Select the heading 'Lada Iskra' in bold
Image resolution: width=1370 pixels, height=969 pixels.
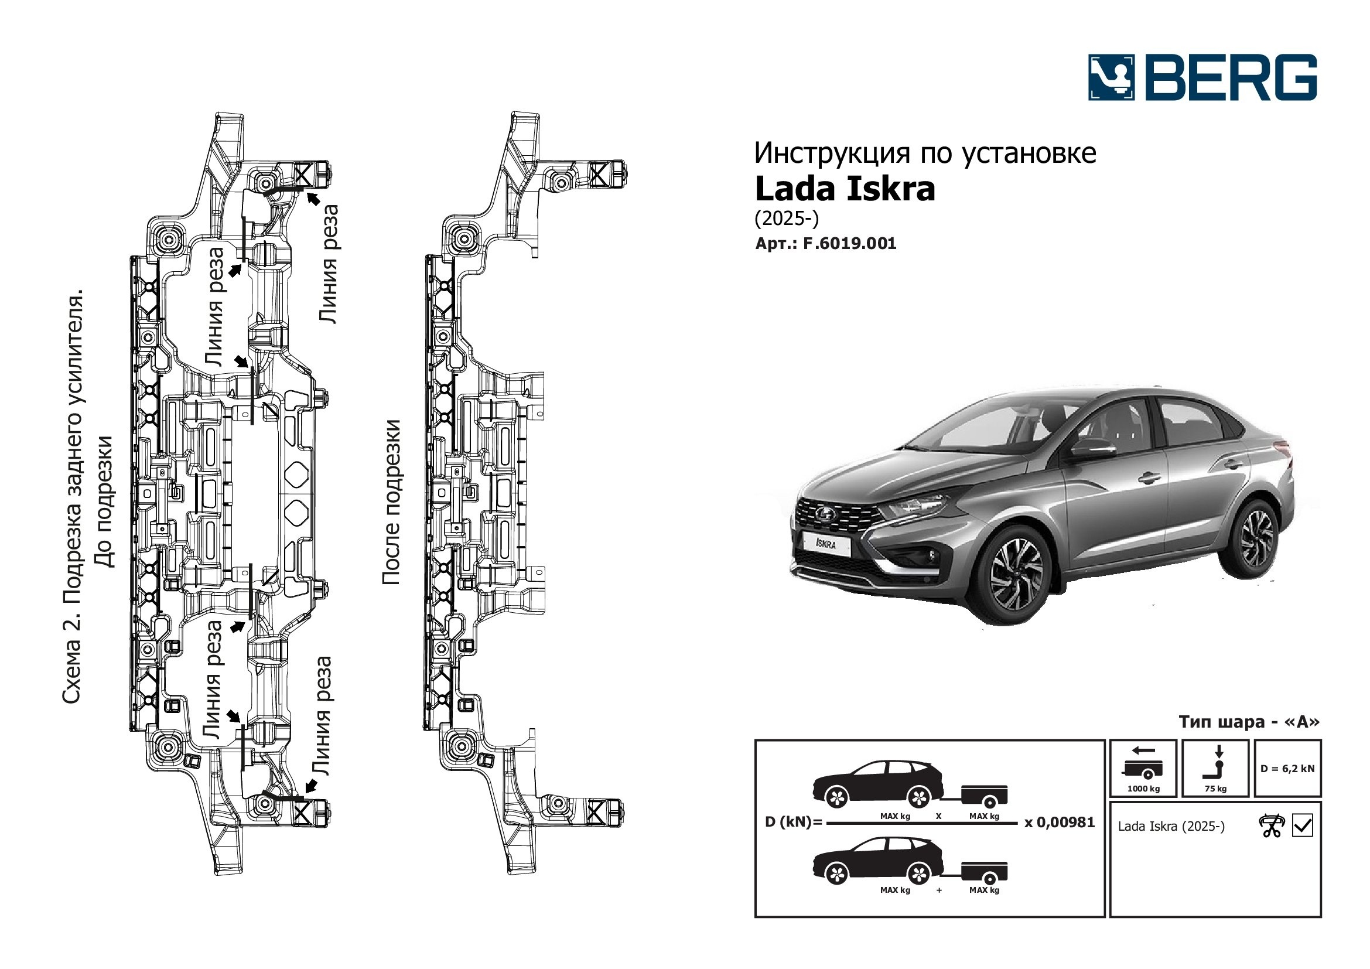click(845, 189)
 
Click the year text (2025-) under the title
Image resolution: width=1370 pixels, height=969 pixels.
click(787, 219)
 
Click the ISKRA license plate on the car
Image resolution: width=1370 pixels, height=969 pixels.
click(826, 543)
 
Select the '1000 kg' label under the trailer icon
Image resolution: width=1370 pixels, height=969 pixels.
click(1143, 788)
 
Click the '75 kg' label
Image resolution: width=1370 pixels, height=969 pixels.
click(1215, 788)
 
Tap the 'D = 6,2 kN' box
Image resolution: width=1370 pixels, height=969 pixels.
click(1287, 769)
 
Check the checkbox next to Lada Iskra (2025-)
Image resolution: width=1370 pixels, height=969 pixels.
click(1302, 826)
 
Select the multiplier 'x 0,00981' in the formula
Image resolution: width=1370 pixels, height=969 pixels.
click(1060, 822)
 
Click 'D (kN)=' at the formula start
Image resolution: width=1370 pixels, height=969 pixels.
click(794, 822)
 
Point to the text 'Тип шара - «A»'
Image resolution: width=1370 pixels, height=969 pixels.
click(1249, 721)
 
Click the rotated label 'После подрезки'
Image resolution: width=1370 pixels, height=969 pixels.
click(391, 502)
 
